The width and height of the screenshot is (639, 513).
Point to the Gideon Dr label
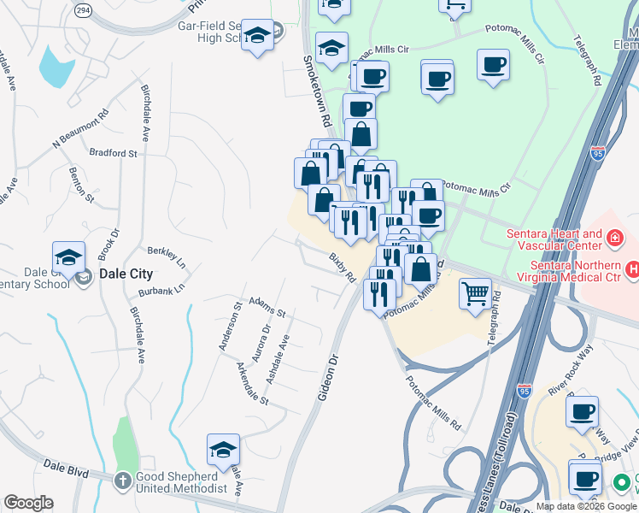pos(329,378)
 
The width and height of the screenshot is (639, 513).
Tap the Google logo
pos(28,503)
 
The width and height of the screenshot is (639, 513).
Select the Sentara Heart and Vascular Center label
pos(554,240)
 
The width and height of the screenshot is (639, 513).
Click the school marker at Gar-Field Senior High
pos(257,37)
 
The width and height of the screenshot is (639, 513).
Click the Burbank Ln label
pos(160,291)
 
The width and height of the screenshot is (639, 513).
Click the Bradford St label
pos(113,153)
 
